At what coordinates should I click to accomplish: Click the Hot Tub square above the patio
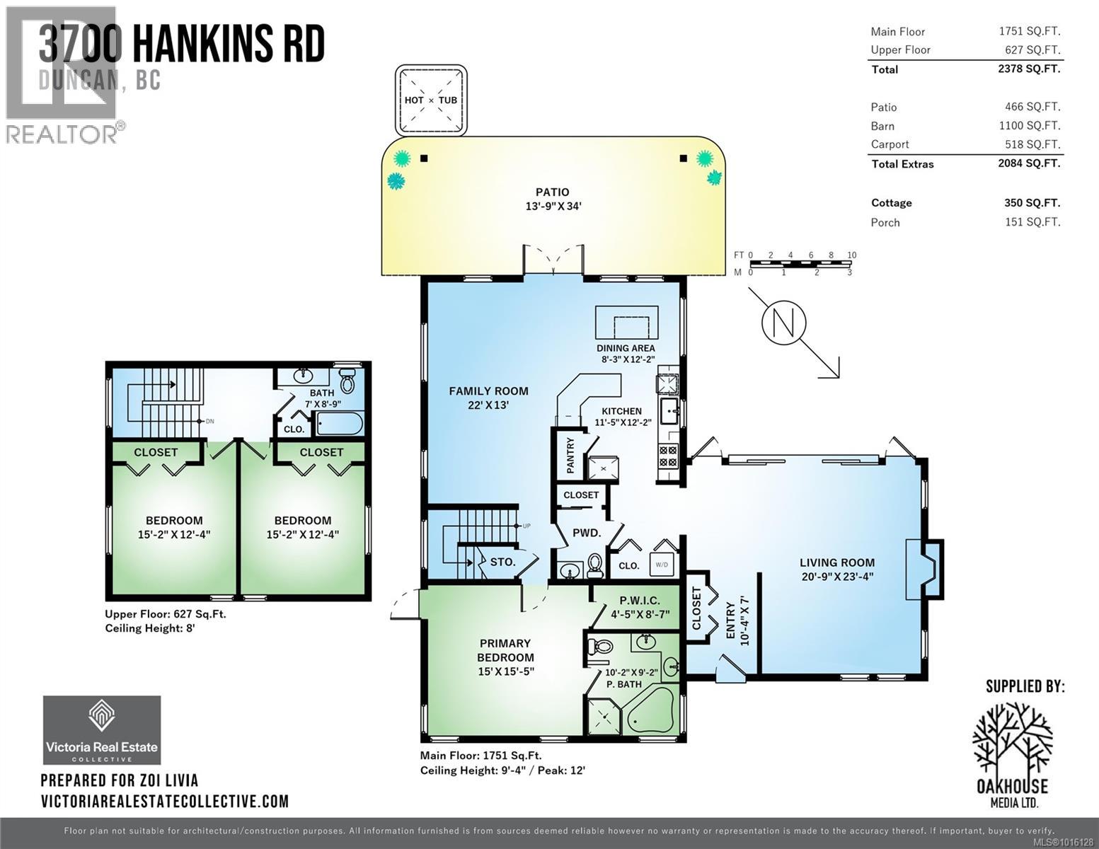pyautogui.click(x=431, y=100)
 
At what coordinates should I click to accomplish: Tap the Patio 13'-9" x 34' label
pyautogui.click(x=552, y=199)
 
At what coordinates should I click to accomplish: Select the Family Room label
pyautogui.click(x=488, y=398)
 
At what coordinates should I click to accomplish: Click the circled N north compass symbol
pyautogui.click(x=783, y=323)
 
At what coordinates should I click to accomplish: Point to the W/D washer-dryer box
pyautogui.click(x=662, y=565)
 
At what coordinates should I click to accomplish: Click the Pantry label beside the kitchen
pyautogui.click(x=571, y=455)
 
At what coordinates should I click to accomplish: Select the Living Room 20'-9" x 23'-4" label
pyautogui.click(x=837, y=569)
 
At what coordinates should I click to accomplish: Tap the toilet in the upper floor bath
pyautogui.click(x=347, y=383)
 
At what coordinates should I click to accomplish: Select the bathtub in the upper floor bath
pyautogui.click(x=339, y=424)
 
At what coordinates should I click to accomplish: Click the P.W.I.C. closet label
pyautogui.click(x=639, y=607)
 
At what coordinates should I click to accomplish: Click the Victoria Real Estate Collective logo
pyautogui.click(x=102, y=729)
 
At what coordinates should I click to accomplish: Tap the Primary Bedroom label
pyautogui.click(x=505, y=657)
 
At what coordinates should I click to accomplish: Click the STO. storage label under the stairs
pyautogui.click(x=503, y=562)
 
